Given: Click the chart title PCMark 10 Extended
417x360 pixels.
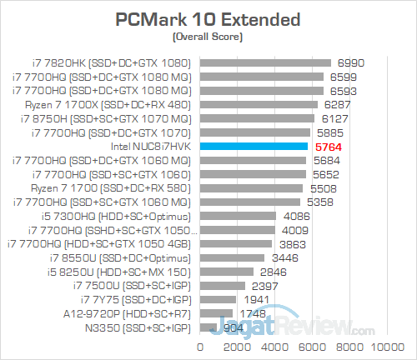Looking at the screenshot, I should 208,18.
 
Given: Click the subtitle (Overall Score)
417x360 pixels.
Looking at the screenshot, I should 208,37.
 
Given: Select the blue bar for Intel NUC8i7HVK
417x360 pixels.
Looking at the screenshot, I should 254,146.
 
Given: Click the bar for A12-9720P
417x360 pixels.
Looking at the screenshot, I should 216,313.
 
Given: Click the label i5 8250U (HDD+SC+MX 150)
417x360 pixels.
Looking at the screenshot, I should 120,272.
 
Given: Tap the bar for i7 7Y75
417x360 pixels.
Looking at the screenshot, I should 218,299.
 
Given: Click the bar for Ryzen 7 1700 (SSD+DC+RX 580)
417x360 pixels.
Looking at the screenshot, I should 251,187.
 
